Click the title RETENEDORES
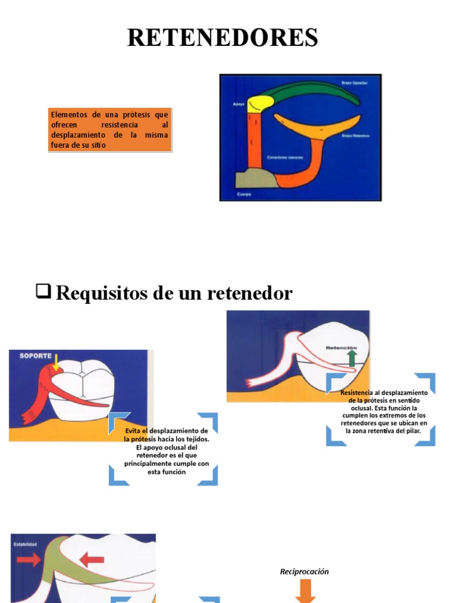pos(223,38)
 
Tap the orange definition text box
pos(109,130)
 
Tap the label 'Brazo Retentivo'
pos(354,135)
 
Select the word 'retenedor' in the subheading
pos(256,293)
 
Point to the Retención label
pos(342,347)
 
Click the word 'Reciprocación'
pos(304,572)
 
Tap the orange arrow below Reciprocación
pos(304,591)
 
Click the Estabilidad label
pos(25,544)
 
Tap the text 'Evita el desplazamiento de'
pos(166,431)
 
